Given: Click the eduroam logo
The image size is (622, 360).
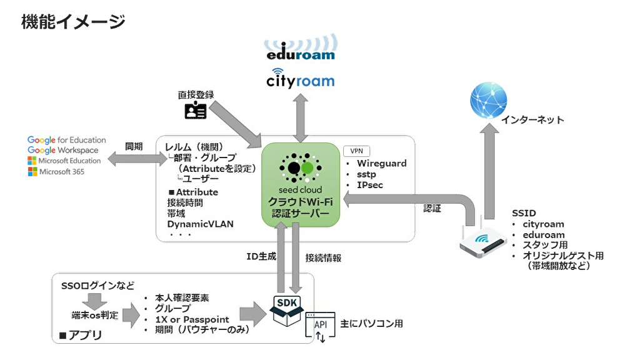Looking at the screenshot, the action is pos(300,47).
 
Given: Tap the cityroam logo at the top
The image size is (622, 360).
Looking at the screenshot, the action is pos(300,79).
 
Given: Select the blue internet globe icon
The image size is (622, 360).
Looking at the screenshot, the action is pos(488,100).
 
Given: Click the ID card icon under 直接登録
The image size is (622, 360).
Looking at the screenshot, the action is pos(196,111).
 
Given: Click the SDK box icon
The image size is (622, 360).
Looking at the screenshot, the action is pos(287,311).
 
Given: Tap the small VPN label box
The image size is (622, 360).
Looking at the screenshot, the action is pos(356,151).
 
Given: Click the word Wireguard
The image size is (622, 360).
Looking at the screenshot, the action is pos(381,163).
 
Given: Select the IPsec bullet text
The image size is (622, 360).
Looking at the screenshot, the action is pos(369,185).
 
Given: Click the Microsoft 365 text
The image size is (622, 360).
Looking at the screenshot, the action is pos(61,172).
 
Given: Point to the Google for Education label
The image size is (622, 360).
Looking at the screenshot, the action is pos(67,140).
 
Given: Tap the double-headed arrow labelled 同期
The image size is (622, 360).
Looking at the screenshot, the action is pos(138,159).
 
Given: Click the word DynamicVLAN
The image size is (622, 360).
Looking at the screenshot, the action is pos(200,224).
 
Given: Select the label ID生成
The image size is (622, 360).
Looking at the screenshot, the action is pos(261,256).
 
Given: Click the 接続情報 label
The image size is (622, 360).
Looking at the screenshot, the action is pos(323,258).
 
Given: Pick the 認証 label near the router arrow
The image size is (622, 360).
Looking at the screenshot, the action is pos(432,209).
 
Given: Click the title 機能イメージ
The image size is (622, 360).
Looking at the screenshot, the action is pos(73,21).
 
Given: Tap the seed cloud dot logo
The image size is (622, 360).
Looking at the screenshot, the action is pos(300,168).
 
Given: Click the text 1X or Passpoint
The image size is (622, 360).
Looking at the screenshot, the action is pos(192,319).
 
